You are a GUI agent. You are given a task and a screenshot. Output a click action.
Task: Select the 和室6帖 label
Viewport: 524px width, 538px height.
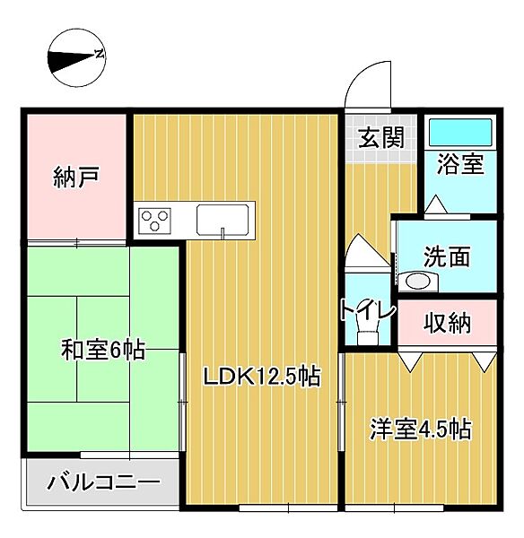103,349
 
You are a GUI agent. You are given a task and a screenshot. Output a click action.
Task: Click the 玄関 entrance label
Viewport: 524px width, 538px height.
381,138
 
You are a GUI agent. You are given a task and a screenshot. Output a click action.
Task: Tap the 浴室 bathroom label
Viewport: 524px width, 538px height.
460,164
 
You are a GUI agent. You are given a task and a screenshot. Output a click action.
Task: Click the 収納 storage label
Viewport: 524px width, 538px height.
448,323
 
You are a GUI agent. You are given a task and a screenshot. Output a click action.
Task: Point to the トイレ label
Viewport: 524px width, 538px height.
368,310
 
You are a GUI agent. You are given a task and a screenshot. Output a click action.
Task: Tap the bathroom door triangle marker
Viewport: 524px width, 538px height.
434,207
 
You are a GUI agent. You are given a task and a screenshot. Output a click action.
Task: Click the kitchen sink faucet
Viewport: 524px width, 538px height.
223,233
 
